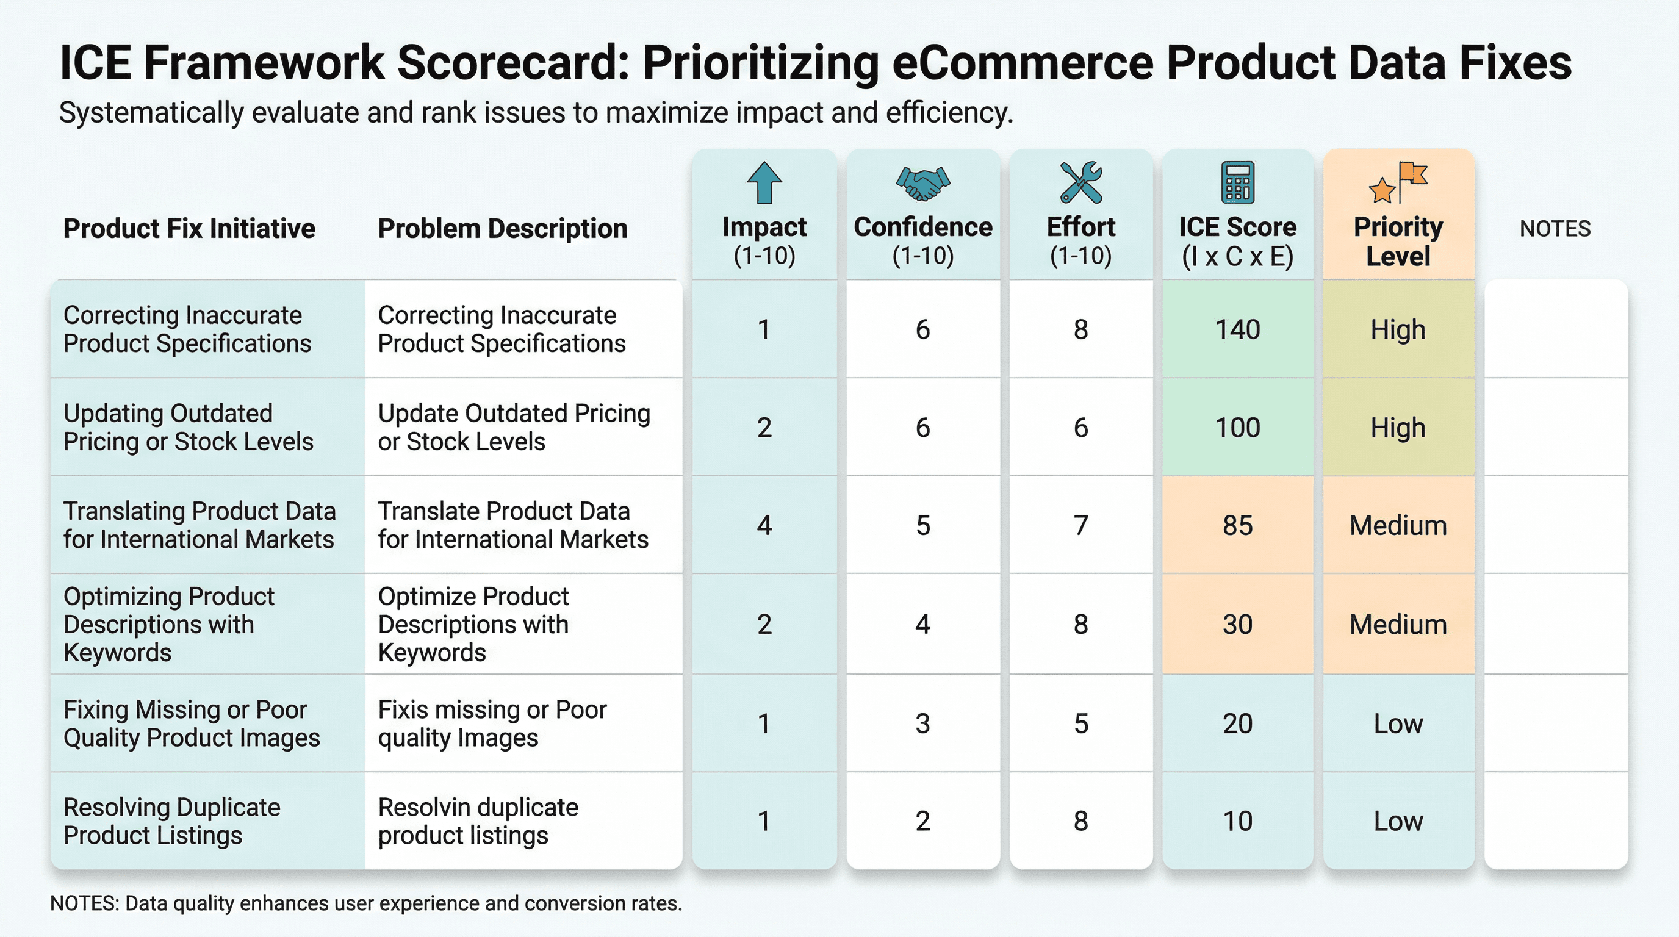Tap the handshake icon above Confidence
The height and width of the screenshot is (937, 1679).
coord(923,183)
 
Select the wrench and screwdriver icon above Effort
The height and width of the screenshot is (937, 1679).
coord(1080,182)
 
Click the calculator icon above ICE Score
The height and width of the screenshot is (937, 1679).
coord(1237,182)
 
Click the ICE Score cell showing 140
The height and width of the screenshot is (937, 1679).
coord(1237,329)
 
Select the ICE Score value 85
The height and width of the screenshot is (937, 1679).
coord(1237,525)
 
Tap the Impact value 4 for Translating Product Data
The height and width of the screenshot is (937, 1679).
coord(764,525)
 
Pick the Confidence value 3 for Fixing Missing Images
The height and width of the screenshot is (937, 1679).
coord(922,723)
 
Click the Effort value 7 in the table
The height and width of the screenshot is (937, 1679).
coord(1080,525)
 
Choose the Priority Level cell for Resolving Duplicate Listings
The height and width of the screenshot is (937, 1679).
coord(1398,821)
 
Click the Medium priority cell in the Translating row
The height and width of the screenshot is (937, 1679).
coord(1398,525)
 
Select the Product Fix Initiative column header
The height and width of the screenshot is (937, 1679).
coord(189,229)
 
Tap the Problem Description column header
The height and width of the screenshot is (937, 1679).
coord(503,229)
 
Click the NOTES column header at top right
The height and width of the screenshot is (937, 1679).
coord(1555,229)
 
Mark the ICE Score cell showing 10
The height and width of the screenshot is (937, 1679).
coord(1237,821)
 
